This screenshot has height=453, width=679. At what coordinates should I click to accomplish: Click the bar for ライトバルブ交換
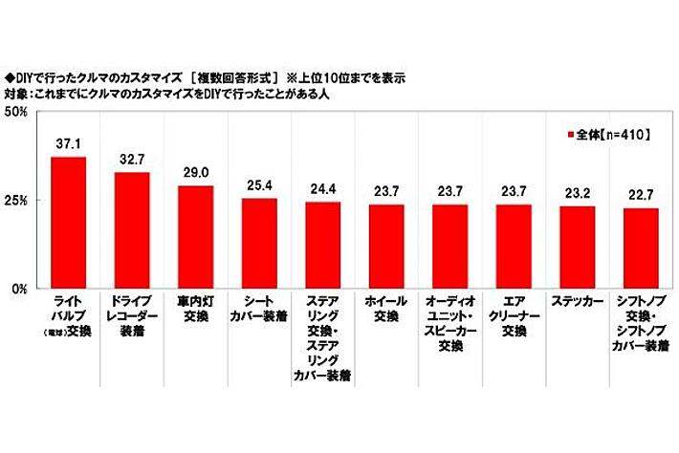tap(68, 223)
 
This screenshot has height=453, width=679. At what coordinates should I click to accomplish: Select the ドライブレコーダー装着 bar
tap(132, 230)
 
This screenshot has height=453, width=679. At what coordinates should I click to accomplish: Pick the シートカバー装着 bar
tap(259, 243)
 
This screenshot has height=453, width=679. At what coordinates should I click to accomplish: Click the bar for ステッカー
tap(577, 247)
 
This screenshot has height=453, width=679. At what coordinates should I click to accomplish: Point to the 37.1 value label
tap(68, 142)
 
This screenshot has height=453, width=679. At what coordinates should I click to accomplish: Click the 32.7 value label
tap(132, 159)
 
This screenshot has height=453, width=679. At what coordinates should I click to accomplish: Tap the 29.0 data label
tap(195, 172)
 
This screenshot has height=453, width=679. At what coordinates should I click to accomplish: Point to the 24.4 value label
tap(322, 188)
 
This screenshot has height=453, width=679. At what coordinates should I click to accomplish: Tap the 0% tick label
tap(20, 288)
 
